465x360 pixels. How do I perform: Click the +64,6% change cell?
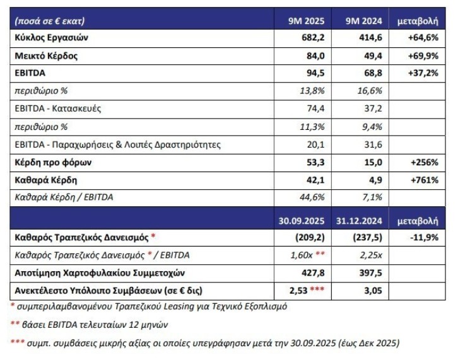422,38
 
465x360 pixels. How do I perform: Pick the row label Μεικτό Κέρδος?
47,55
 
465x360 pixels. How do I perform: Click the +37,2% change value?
422,73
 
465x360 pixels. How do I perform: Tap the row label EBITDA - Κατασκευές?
57,108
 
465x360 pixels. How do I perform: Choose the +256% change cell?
424,162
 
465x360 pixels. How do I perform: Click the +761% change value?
424,180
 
